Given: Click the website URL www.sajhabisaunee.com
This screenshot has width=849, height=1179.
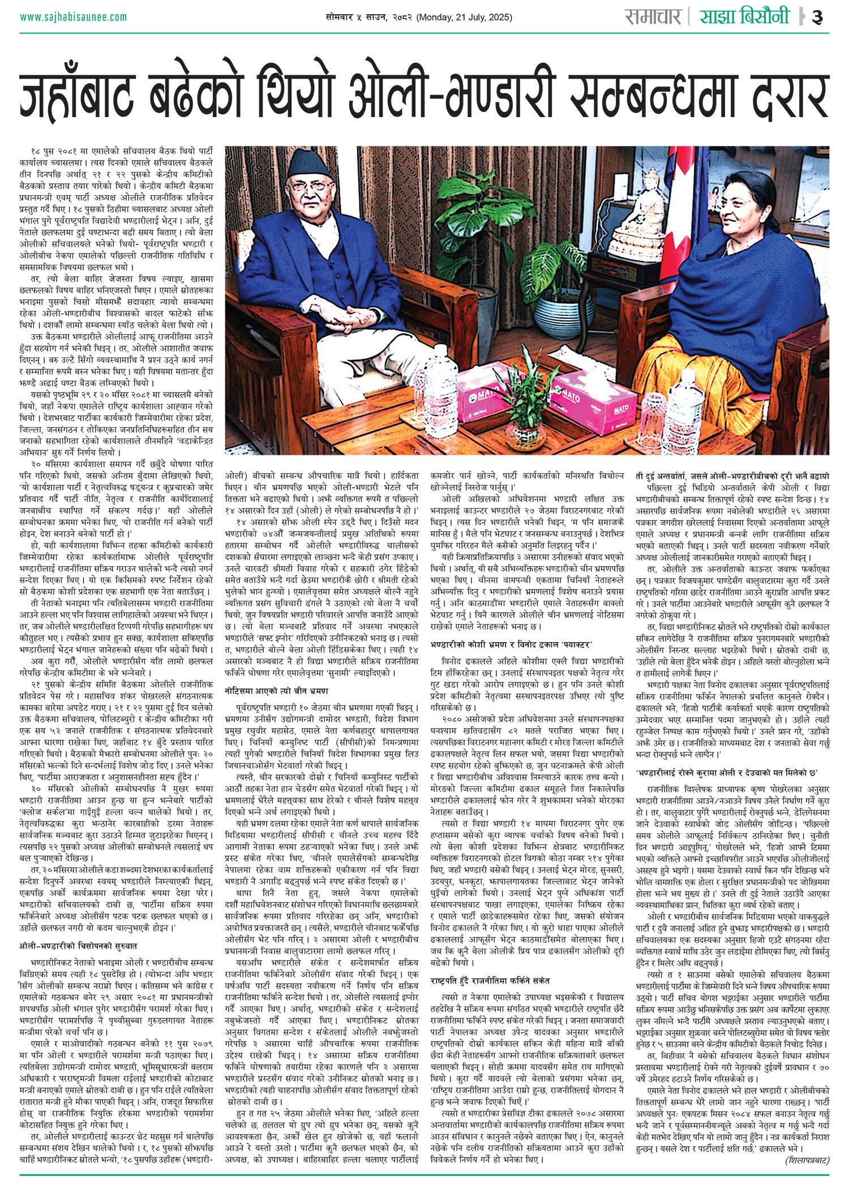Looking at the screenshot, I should (74, 17).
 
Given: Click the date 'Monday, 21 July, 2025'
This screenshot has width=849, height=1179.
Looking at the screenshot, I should (464, 18).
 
